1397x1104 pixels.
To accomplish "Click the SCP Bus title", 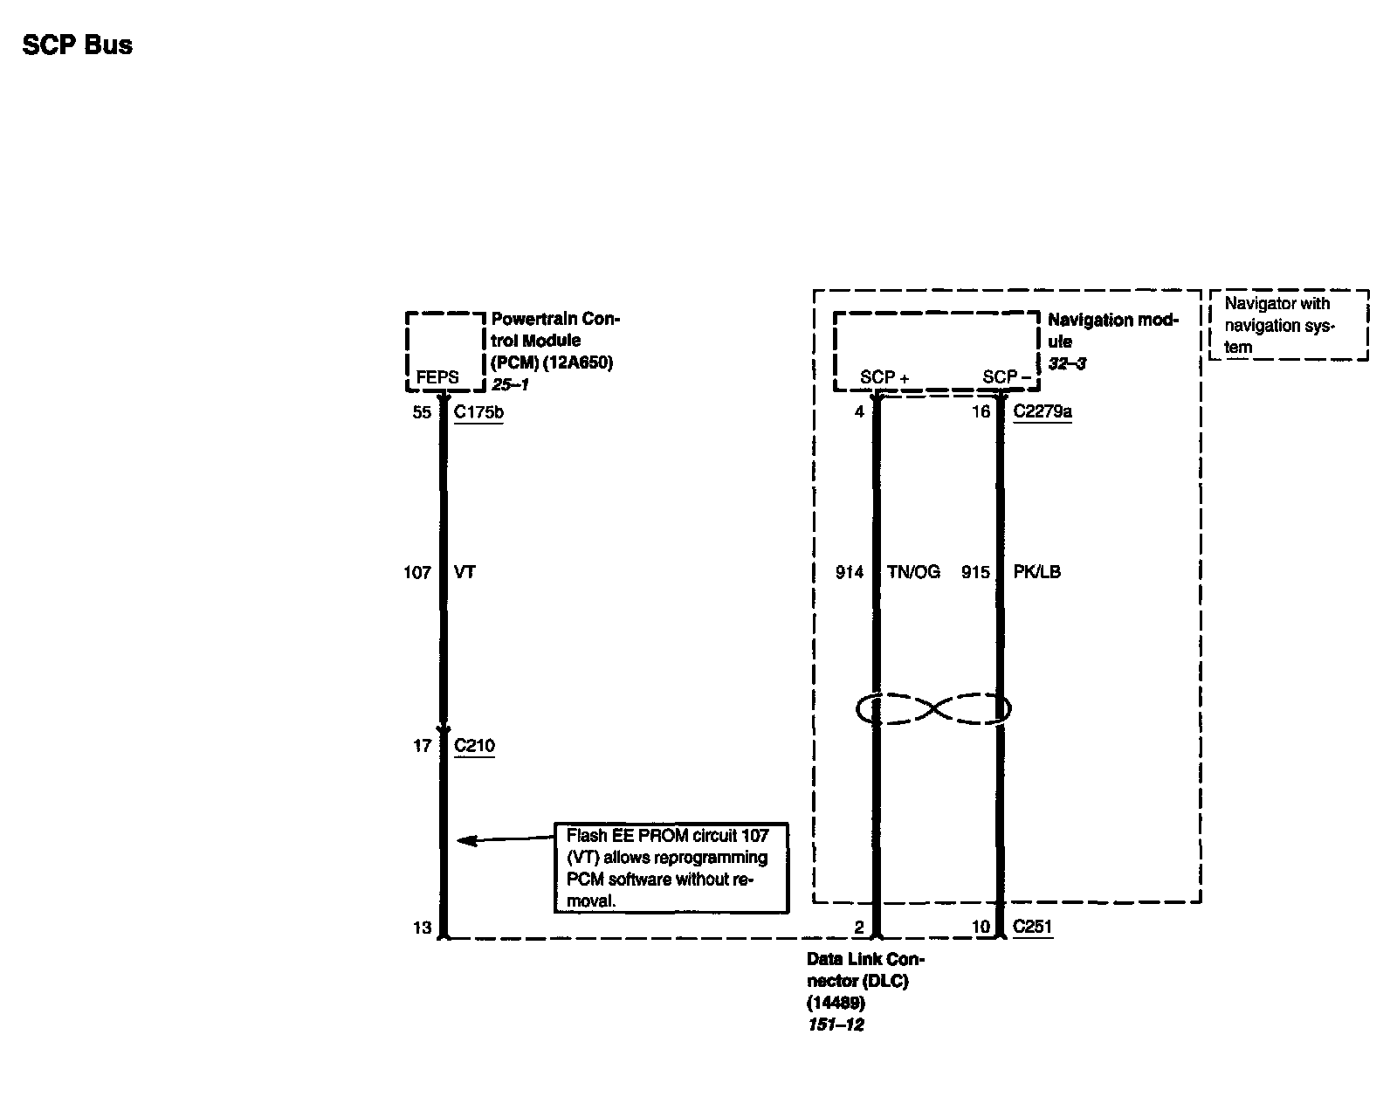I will click(78, 45).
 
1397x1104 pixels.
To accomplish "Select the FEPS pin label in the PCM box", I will click(437, 377).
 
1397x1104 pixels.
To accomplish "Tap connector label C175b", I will click(478, 412).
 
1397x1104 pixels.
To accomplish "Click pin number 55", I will click(422, 412).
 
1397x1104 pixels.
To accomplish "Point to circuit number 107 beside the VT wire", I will click(416, 573).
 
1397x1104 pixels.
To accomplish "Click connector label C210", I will click(474, 746).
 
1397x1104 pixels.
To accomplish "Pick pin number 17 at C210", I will click(422, 746).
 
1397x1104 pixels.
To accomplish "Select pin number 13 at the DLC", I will click(422, 928).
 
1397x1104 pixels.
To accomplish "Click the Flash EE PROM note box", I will click(671, 868).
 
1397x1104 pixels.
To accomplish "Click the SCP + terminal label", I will click(884, 377).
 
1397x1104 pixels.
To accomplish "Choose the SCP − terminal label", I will click(1006, 377).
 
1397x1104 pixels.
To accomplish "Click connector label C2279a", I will click(1043, 412).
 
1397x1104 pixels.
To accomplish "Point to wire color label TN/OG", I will click(913, 573).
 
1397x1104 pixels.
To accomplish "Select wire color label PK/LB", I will click(1036, 573).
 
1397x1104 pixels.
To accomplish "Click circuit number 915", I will click(975, 573).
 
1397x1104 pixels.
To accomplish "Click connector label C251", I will click(1032, 928).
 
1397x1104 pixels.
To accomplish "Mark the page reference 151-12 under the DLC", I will click(836, 1025).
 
